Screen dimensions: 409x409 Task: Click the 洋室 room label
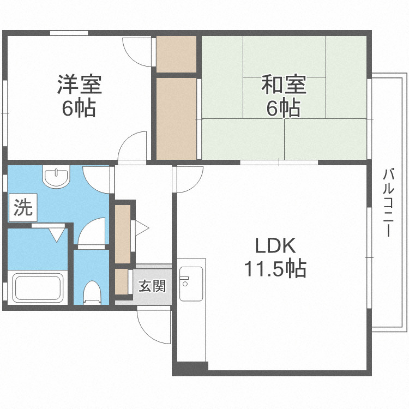(79, 86)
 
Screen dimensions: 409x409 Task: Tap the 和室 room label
(284, 86)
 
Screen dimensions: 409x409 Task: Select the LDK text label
(276, 246)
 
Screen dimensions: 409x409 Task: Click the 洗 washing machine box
(22, 208)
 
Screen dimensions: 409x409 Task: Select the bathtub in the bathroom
(37, 287)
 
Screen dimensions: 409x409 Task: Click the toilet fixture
(92, 292)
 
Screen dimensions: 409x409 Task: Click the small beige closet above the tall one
(176, 53)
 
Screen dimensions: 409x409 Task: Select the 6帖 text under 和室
(283, 109)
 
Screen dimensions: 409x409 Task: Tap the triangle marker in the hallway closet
(141, 227)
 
